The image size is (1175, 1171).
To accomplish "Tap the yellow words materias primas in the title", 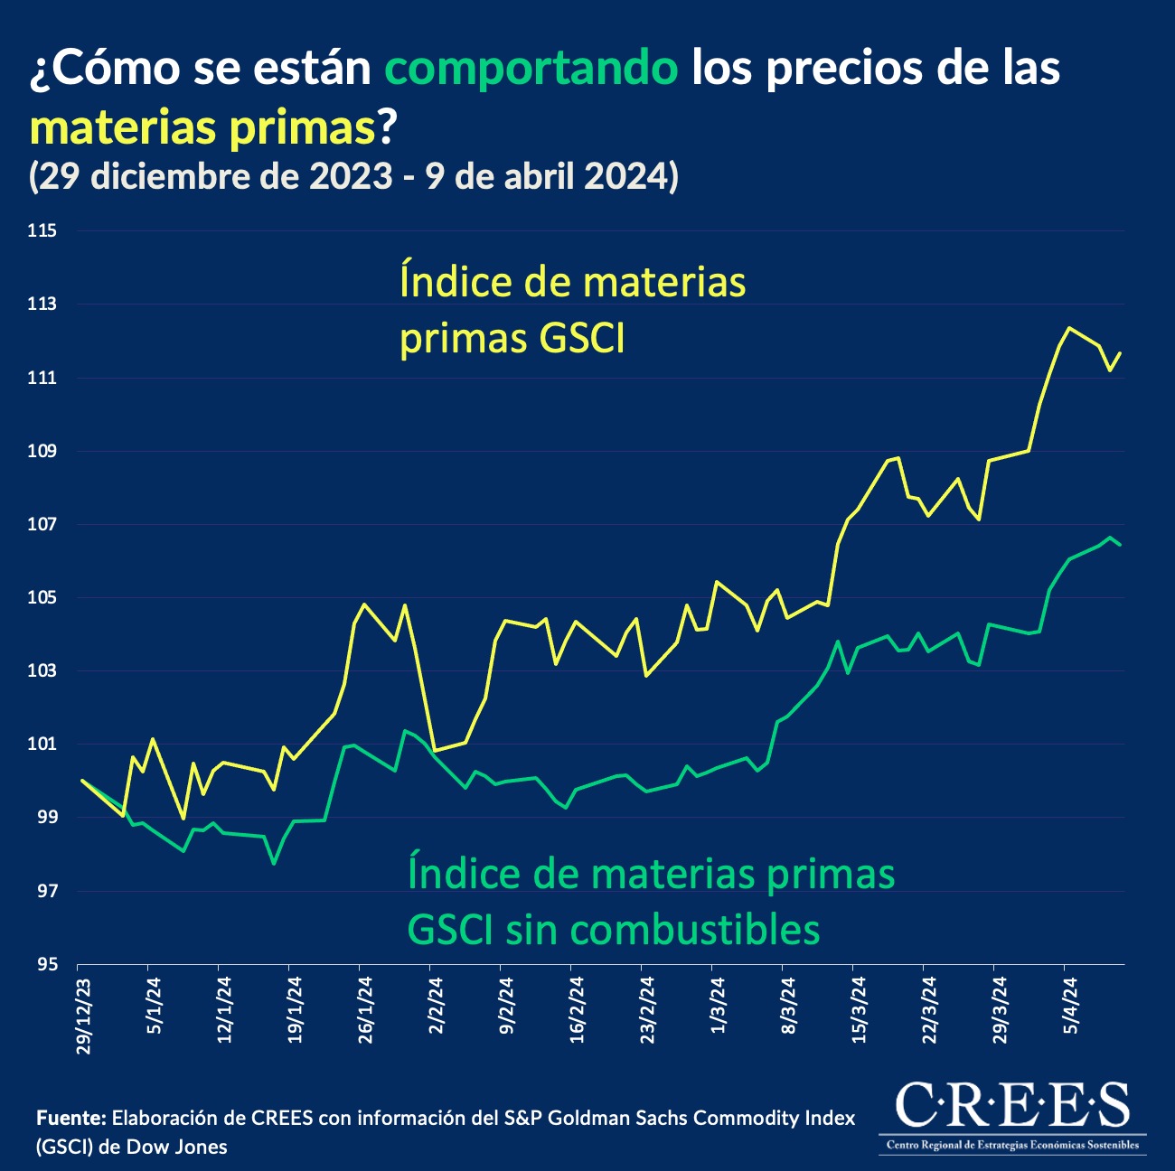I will [202, 127].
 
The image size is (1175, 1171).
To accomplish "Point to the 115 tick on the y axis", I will [42, 231].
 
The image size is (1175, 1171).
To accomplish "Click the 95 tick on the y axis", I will [48, 965].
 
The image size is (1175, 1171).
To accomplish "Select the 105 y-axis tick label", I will [42, 598].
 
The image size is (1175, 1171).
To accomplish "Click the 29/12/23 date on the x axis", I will [84, 1016].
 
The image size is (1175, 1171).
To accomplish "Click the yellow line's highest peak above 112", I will [1069, 328].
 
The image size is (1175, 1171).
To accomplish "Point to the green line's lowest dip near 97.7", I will [274, 864].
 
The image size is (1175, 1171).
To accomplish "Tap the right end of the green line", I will [1121, 545].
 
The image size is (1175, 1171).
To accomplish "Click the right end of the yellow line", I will [1121, 352].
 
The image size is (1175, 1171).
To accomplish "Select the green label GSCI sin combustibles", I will [615, 929].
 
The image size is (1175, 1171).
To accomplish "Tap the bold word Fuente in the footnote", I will [71, 1119].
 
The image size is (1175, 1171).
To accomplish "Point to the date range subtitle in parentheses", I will [353, 176].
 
